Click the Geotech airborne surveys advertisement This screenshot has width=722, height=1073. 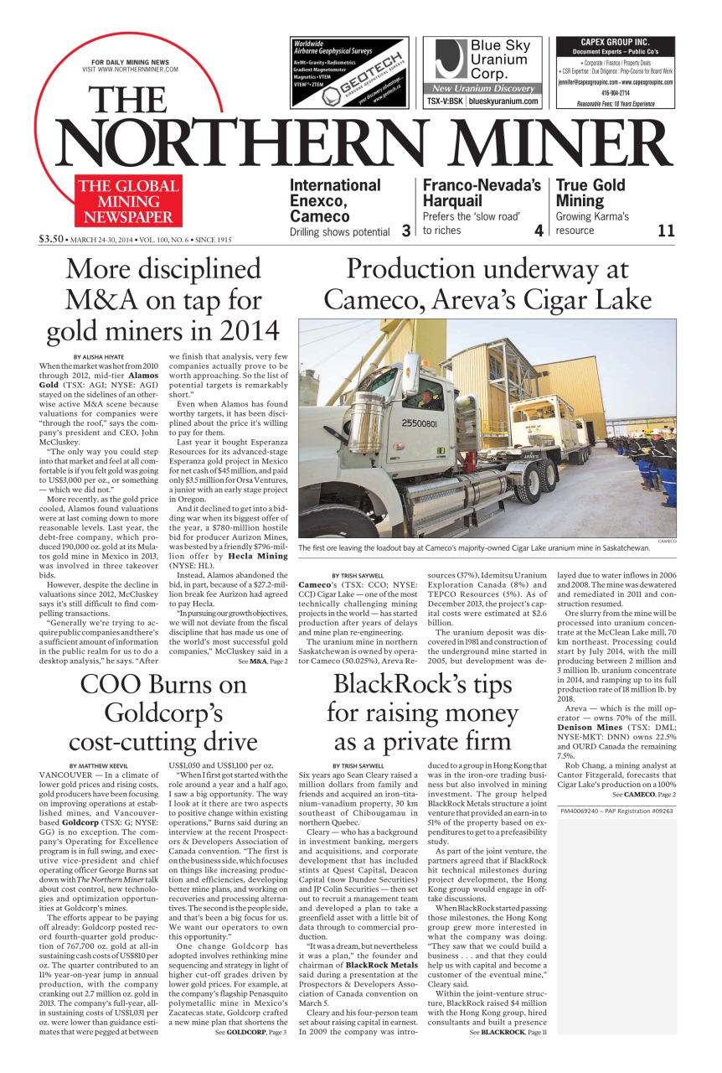[350, 72]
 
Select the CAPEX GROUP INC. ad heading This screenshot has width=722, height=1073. [615, 42]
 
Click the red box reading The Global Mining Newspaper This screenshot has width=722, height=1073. [128, 202]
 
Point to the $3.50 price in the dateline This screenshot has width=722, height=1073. [51, 239]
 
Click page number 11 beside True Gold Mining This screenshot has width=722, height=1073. [666, 231]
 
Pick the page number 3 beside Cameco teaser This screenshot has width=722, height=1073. [405, 231]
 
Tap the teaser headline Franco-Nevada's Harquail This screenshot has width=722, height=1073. [481, 193]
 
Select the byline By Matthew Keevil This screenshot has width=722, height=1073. [99, 765]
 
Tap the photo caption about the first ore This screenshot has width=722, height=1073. [473, 548]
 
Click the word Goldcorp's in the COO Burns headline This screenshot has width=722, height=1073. [162, 713]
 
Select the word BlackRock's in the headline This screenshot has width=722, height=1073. [395, 684]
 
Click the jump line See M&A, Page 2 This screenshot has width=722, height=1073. [262, 661]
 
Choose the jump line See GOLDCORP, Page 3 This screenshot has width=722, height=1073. [245, 1055]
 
